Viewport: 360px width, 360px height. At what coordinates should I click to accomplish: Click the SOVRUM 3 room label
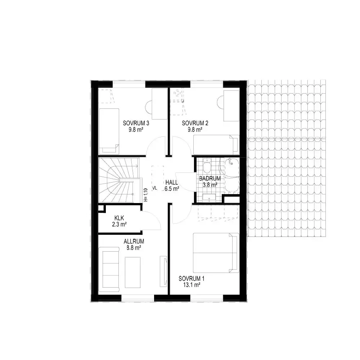pyautogui.click(x=136, y=123)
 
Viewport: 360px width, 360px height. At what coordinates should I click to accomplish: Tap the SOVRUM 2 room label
pyautogui.click(x=195, y=123)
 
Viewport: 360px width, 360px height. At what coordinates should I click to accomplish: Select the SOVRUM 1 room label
pyautogui.click(x=192, y=279)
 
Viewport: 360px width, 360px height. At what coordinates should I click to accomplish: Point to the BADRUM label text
pyautogui.click(x=210, y=178)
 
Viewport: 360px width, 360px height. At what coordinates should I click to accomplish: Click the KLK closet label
pyautogui.click(x=119, y=218)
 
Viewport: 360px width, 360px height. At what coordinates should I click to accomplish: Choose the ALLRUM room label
pyautogui.click(x=134, y=241)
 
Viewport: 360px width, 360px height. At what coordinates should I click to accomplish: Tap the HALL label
pyautogui.click(x=171, y=183)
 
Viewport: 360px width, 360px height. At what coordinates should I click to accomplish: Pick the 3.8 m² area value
pyautogui.click(x=210, y=184)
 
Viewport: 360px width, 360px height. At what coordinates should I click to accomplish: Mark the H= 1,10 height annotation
pyautogui.click(x=145, y=195)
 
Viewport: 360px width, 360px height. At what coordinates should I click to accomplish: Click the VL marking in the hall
pyautogui.click(x=155, y=188)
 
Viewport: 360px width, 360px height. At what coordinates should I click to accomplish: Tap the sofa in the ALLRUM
pyautogui.click(x=109, y=269)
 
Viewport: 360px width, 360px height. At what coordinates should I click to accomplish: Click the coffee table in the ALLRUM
pyautogui.click(x=132, y=273)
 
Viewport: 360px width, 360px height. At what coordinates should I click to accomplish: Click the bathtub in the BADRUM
pyautogui.click(x=231, y=175)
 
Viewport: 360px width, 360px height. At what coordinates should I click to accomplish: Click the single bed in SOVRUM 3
pyautogui.click(x=109, y=131)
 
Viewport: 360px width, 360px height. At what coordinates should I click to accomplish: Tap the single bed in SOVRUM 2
pyautogui.click(x=216, y=145)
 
